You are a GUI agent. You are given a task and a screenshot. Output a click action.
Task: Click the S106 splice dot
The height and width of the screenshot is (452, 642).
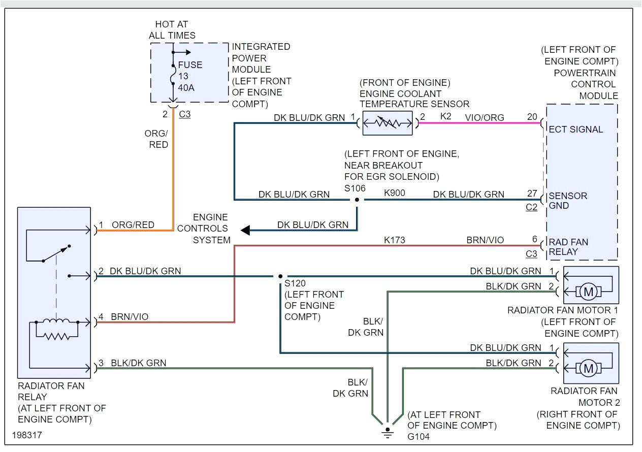coord(357,200)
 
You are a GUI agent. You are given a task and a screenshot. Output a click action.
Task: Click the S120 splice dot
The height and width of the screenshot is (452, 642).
coord(280,277)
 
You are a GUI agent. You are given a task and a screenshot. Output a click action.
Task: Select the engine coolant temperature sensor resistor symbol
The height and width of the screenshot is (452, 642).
coord(387,123)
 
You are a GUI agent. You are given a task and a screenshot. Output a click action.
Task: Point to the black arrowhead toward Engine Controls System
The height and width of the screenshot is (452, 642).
coord(246,231)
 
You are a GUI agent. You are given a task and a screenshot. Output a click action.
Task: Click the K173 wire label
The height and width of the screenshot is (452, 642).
coord(395,240)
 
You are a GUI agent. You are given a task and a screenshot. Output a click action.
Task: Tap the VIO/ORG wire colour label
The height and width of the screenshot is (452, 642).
coord(485,117)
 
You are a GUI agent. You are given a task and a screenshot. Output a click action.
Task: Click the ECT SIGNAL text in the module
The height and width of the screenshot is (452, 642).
coord(576,129)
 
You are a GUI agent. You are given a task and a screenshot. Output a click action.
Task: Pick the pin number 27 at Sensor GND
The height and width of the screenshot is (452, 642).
coord(532,194)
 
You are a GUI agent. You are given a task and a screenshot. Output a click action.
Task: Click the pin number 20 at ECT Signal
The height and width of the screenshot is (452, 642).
coord(532,117)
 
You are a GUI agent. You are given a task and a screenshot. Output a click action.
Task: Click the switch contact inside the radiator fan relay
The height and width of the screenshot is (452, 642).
coord(56,254)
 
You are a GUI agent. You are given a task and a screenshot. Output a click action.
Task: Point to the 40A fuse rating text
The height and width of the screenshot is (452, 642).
coord(186,88)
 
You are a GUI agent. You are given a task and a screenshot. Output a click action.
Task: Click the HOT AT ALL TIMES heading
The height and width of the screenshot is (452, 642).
coord(172,30)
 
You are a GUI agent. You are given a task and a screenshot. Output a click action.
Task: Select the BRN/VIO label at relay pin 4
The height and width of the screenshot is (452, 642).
coord(130,317)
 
